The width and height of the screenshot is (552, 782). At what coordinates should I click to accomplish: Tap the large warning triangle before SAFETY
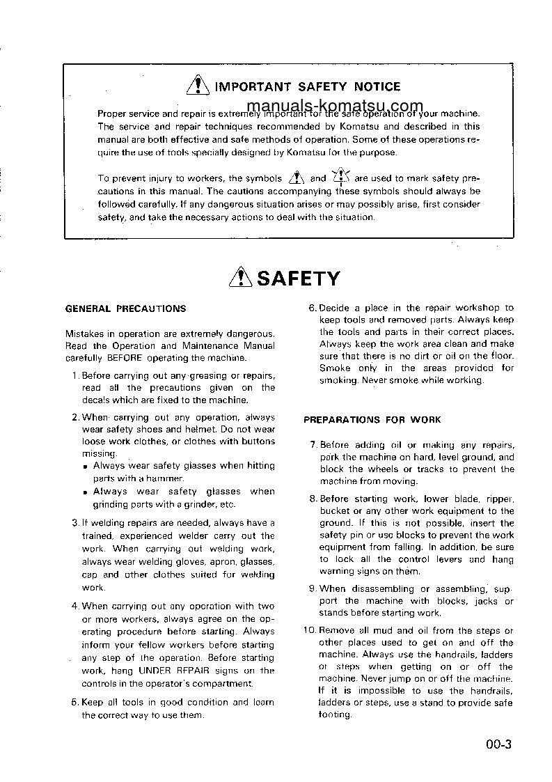coord(241,279)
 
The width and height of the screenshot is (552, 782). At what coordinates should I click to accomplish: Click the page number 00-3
coord(499,744)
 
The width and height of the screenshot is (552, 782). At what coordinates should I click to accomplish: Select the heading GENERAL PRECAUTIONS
coord(125,308)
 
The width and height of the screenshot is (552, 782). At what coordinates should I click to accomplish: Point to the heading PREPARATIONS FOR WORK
coord(372,420)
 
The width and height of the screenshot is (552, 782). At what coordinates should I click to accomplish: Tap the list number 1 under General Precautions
coord(75,376)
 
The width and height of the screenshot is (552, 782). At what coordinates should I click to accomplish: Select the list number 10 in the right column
coord(310,631)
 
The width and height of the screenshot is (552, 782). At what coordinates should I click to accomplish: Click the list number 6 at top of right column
coord(313,308)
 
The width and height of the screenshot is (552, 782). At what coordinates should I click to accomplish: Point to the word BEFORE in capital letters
coord(125,358)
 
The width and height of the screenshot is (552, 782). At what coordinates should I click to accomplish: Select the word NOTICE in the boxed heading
coord(377,87)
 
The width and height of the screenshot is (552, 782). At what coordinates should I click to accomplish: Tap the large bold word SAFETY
coord(299,279)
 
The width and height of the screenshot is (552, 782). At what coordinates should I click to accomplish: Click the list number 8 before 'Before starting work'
coord(313,499)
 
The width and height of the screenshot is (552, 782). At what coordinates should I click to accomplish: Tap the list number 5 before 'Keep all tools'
coord(75,703)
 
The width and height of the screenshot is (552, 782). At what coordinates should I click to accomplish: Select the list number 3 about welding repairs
coord(75,523)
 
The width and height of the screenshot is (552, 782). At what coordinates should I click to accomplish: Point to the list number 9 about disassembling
coord(313,589)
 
